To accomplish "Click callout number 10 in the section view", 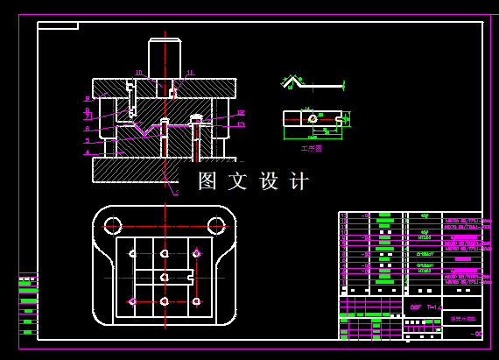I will click(x=138, y=73).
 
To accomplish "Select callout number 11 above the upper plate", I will click(x=190, y=73).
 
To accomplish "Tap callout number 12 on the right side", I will click(x=241, y=113).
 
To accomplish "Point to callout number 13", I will click(x=241, y=124).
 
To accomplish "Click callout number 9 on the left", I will click(x=87, y=99).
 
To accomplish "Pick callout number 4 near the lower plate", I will click(x=87, y=152).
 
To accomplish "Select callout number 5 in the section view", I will click(x=87, y=140).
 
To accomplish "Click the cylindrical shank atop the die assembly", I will click(x=164, y=58).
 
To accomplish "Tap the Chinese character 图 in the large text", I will click(x=207, y=181).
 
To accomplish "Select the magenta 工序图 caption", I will click(x=312, y=149).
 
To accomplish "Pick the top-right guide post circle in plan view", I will click(x=215, y=224).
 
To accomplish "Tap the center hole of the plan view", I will click(x=164, y=278).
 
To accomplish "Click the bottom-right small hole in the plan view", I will click(x=196, y=301).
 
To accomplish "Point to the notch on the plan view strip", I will click(x=190, y=278).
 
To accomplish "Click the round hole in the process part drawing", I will click(x=313, y=118).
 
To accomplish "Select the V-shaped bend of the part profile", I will click(x=292, y=82).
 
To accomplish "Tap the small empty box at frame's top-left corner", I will click(x=58, y=26).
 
